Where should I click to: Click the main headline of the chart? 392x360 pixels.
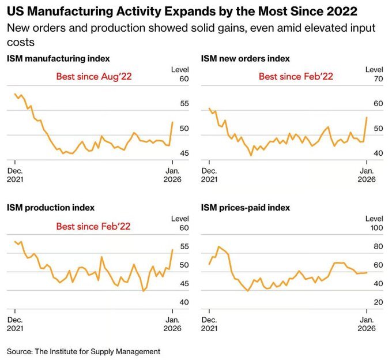pos(182,11)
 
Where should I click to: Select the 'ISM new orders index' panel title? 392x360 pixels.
pos(245,58)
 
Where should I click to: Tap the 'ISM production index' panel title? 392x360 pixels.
pos(50,207)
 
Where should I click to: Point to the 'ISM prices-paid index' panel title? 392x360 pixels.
pos(246,207)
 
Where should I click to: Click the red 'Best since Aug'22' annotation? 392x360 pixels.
pos(94,76)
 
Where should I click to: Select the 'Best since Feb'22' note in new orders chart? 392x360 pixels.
pos(296,76)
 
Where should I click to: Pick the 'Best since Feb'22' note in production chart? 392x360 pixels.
pos(93,226)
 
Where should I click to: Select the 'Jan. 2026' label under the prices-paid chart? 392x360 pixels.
pos(366,324)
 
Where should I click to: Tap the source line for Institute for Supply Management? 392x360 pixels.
pos(84,351)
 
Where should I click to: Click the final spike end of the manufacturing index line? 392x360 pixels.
pos(172,122)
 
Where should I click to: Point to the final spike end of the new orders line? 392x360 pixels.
pos(367,117)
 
